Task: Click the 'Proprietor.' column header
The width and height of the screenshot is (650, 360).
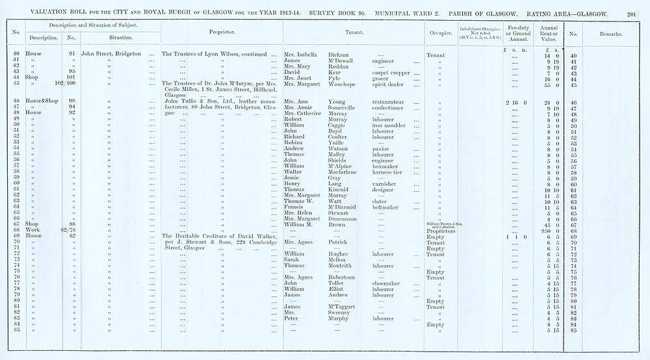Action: pos(222,32)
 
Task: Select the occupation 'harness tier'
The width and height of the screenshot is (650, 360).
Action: pos(389,172)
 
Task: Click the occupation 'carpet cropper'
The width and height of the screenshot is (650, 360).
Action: pos(391,73)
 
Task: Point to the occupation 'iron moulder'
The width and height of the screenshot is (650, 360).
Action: pos(391,125)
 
